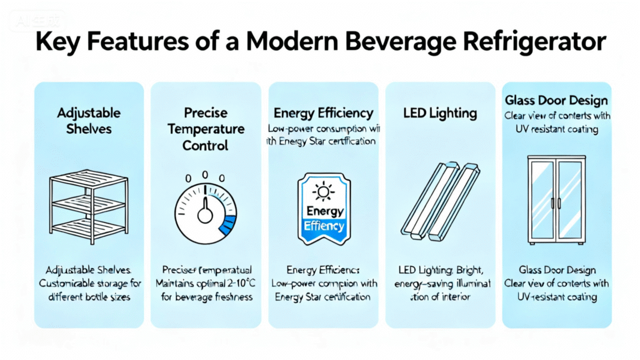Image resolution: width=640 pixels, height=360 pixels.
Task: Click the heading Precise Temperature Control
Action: click(x=205, y=129)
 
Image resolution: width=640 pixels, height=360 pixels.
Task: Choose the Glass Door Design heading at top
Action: click(x=556, y=101)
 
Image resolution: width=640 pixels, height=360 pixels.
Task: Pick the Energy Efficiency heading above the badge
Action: click(x=323, y=113)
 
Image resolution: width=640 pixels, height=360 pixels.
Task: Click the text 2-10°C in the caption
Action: click(x=236, y=283)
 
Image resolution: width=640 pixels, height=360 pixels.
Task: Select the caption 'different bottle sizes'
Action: click(x=89, y=296)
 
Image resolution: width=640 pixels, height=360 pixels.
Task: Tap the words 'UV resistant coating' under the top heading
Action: click(x=556, y=129)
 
